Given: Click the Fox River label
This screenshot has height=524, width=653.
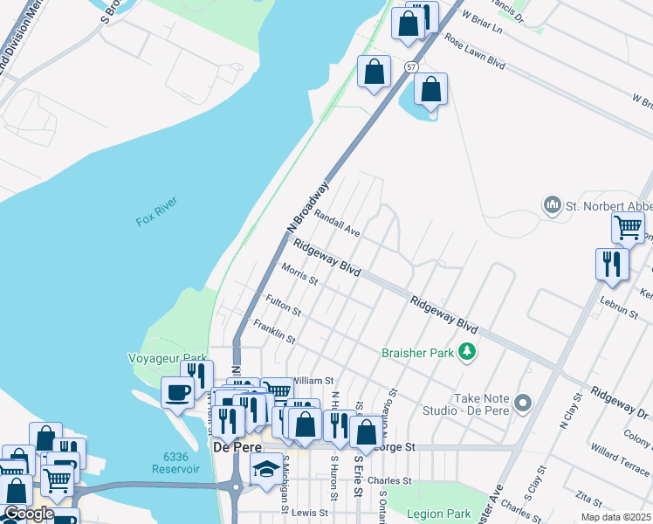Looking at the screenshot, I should (x=156, y=212).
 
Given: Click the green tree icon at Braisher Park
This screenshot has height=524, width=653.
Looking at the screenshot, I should (x=468, y=351).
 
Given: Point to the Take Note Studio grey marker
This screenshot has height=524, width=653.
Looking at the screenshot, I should (x=522, y=403).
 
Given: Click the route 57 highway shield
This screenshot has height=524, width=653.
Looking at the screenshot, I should (x=409, y=66).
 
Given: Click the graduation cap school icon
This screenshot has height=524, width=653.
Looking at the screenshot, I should (x=266, y=469).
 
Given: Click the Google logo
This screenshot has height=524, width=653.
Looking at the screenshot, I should (x=29, y=514).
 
